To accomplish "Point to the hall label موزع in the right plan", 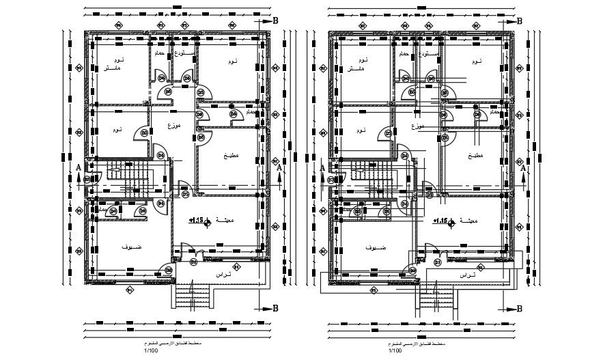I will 417,126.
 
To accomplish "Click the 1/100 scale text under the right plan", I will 395,350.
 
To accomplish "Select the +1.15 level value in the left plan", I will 195,221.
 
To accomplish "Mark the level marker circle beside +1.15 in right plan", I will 451,221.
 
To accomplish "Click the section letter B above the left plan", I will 276,21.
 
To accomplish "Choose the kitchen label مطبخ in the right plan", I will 475,156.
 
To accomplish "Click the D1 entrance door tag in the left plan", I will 193,262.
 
